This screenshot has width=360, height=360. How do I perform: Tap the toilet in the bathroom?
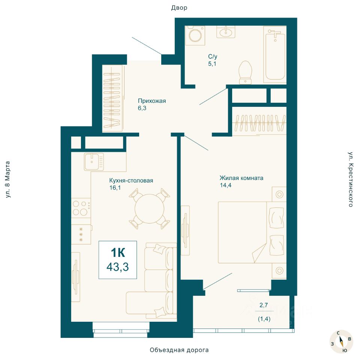pyautogui.click(x=245, y=72)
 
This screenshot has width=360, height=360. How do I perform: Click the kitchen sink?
pyautogui.click(x=94, y=162)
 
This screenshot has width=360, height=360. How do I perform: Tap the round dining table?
pyautogui.click(x=150, y=208)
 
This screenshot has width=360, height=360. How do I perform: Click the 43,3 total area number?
pyautogui.click(x=117, y=267)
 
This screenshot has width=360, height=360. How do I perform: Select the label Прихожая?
pyautogui.click(x=152, y=101)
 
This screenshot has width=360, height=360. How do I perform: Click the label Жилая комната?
pyautogui.click(x=241, y=178)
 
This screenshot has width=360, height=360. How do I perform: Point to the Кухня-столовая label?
pyautogui.click(x=131, y=180)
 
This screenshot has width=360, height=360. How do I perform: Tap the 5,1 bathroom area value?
pyautogui.click(x=212, y=64)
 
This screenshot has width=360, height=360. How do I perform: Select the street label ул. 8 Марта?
pyautogui.click(x=7, y=180)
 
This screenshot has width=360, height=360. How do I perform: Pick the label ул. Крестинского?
pyautogui.click(x=351, y=179)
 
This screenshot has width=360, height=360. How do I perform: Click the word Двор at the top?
pyautogui.click(x=179, y=8)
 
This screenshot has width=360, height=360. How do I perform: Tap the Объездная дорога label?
pyautogui.click(x=179, y=350)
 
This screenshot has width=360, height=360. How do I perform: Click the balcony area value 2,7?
pyautogui.click(x=264, y=305)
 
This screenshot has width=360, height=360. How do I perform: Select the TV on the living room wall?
pyautogui.click(x=185, y=230)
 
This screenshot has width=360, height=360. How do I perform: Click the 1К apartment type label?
pyautogui.click(x=118, y=252)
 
